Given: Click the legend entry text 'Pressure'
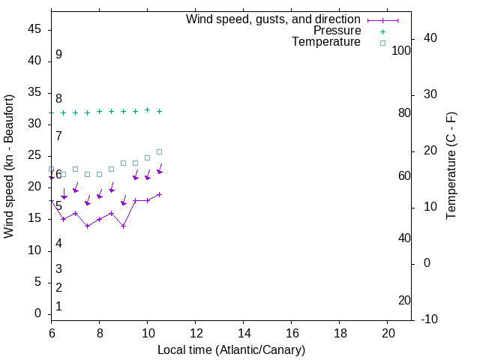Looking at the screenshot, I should click(337, 31).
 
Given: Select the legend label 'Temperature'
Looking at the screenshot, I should click(326, 42).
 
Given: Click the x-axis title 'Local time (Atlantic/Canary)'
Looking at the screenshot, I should click(231, 349).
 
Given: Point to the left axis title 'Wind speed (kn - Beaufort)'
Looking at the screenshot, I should click(9, 166).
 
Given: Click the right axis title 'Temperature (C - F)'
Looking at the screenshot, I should click(451, 166).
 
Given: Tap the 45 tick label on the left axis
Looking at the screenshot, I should click(34, 30).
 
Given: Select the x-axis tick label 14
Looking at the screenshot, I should click(243, 332).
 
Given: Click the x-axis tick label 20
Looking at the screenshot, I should click(387, 332).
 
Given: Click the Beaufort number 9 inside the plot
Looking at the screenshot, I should click(58, 55).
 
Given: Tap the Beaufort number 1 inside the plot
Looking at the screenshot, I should click(58, 307).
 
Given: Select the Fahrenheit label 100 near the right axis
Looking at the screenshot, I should click(401, 51).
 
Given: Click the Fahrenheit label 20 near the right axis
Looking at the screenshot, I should click(404, 300).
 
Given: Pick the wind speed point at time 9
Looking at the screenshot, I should click(123, 226).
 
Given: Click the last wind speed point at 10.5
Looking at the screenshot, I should click(159, 194).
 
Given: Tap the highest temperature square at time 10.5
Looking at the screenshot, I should click(159, 151).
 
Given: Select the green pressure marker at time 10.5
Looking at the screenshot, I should click(159, 111).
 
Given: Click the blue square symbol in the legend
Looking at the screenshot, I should click(382, 43).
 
